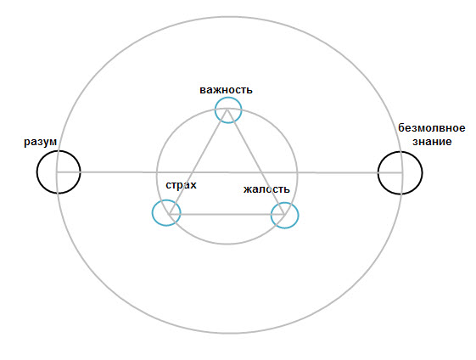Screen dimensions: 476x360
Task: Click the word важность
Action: [226, 90]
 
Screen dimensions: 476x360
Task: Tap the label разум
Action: [41, 142]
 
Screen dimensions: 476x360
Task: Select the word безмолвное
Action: [431, 128]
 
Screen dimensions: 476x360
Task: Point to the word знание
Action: [432, 142]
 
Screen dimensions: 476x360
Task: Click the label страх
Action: [181, 185]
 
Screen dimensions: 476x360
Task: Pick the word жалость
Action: [266, 189]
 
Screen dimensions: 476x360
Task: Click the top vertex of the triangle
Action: [227, 110]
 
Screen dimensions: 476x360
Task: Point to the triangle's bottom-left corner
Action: [169, 215]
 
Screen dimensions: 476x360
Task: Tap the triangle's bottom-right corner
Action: [284, 215]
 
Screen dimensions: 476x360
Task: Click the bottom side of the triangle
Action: [227, 215]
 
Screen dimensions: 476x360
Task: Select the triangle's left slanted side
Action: [198, 162]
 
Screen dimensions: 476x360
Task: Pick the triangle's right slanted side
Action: [255, 162]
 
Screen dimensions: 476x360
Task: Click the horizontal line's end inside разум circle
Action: [57, 172]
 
